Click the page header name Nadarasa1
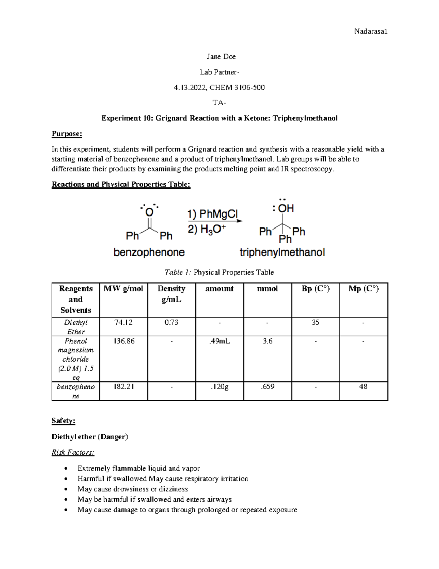[371, 32]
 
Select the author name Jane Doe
[221, 56]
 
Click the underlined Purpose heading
[67, 134]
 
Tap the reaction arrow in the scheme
[215, 221]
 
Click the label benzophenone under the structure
[149, 252]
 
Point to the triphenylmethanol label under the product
[282, 252]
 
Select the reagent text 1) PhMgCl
[213, 214]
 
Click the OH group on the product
[285, 208]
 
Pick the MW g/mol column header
[123, 289]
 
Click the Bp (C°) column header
[315, 289]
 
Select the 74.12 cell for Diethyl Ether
[123, 322]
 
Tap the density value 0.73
[171, 322]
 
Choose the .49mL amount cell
[219, 341]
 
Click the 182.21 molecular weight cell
[123, 387]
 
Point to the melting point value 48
[363, 387]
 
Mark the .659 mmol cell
[267, 387]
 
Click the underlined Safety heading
[63, 421]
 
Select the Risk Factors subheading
[73, 452]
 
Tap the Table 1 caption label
[178, 272]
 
